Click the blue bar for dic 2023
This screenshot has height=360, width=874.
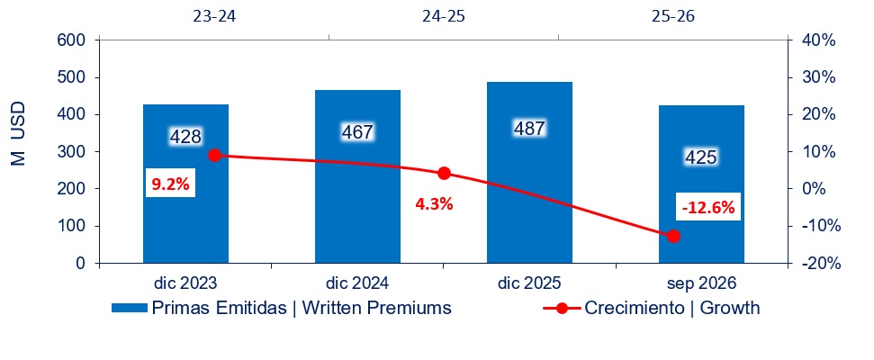185,184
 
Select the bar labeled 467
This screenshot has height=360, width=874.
358,176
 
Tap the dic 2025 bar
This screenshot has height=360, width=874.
529,172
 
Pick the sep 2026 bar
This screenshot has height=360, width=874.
701,184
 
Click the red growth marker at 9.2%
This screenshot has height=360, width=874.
214,156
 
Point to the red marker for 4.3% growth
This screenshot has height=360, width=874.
444,174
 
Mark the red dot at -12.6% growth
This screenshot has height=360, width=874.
673,236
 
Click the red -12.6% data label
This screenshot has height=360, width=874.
707,208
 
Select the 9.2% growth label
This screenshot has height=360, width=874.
170,183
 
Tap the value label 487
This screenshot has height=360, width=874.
529,129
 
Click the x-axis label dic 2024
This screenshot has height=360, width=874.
357,283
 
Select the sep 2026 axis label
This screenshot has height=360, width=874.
702,283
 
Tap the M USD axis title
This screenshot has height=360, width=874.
17,133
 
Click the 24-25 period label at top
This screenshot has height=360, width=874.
443,16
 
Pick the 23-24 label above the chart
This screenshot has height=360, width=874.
214,16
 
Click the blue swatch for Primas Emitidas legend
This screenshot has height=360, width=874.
130,309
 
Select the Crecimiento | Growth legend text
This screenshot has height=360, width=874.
672,308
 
